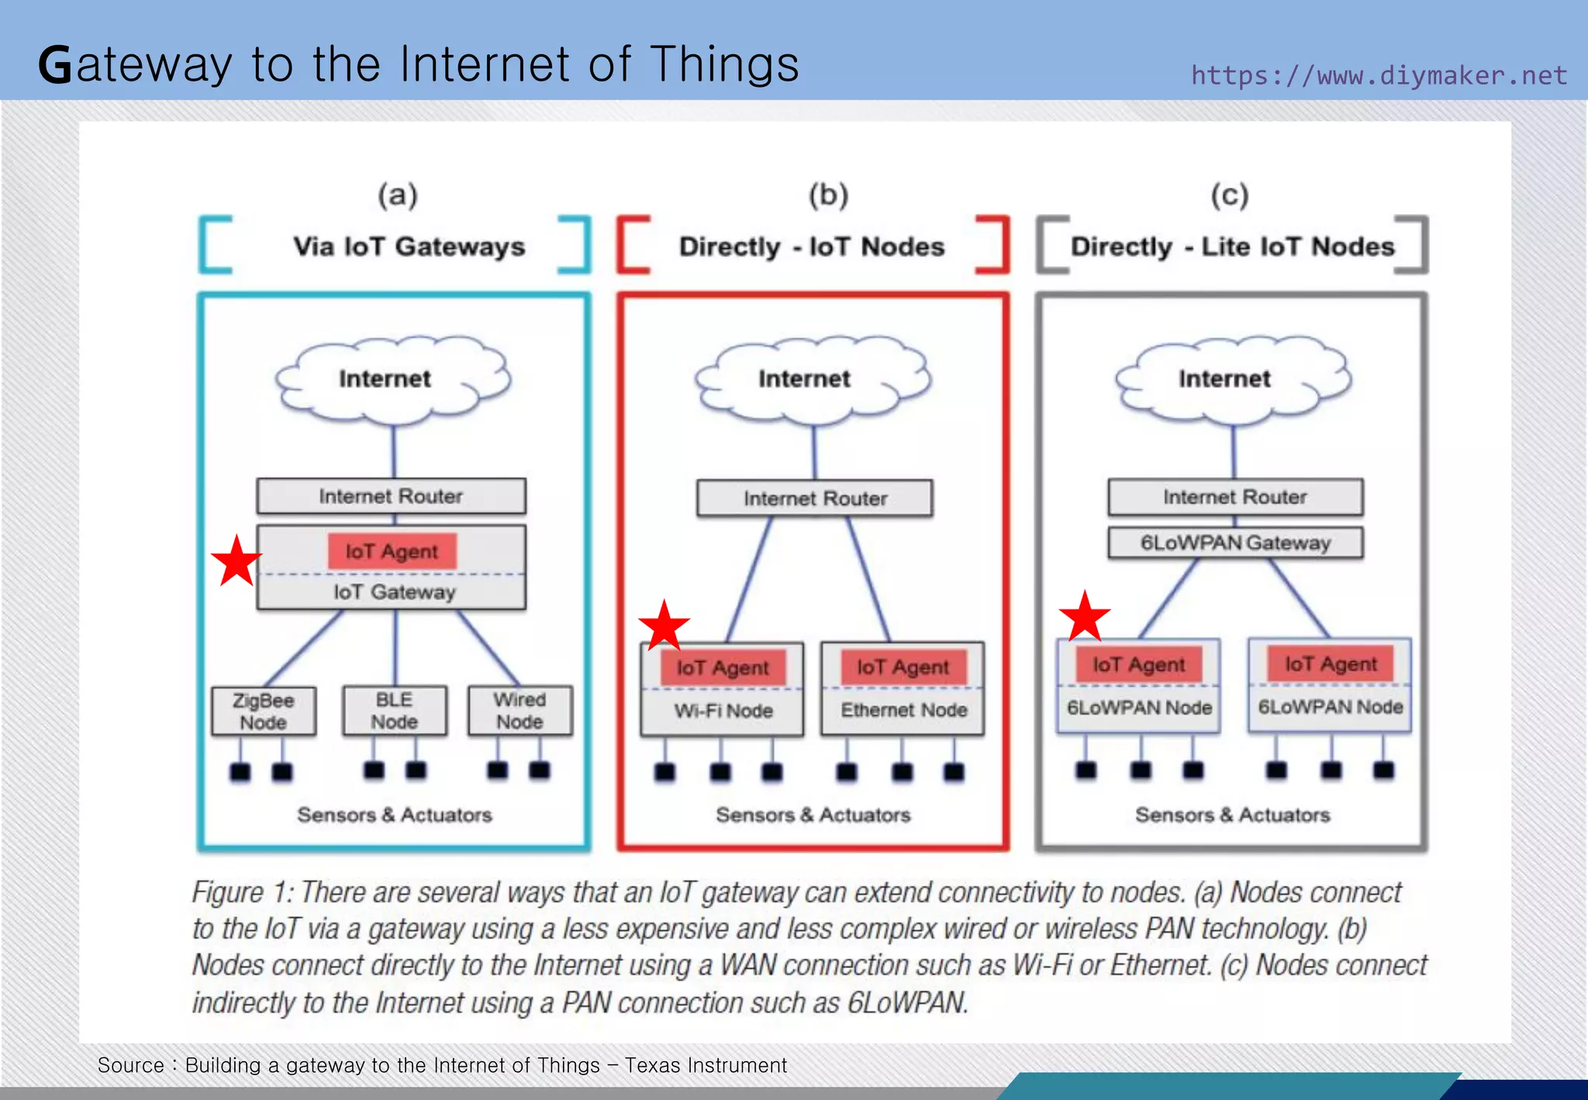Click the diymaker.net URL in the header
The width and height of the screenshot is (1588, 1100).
[1379, 75]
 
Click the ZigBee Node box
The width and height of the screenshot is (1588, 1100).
[264, 711]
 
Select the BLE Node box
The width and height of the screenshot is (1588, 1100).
[395, 711]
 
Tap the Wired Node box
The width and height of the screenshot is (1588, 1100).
[520, 711]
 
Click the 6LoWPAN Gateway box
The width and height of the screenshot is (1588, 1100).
[1235, 543]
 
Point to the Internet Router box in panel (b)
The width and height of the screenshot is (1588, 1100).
[815, 499]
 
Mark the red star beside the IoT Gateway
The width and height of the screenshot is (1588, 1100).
[236, 561]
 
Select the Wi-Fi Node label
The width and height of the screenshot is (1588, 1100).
[723, 711]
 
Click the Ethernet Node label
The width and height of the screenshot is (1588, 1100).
[903, 710]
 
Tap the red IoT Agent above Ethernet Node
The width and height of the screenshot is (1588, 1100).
[903, 667]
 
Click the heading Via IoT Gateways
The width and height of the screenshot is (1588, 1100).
[409, 247]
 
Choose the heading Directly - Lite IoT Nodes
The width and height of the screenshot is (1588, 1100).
[1232, 247]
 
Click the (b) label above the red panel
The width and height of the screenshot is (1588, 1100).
[828, 194]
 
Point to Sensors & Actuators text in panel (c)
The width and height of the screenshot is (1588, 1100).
[1232, 815]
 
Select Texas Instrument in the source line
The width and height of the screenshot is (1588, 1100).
[706, 1065]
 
